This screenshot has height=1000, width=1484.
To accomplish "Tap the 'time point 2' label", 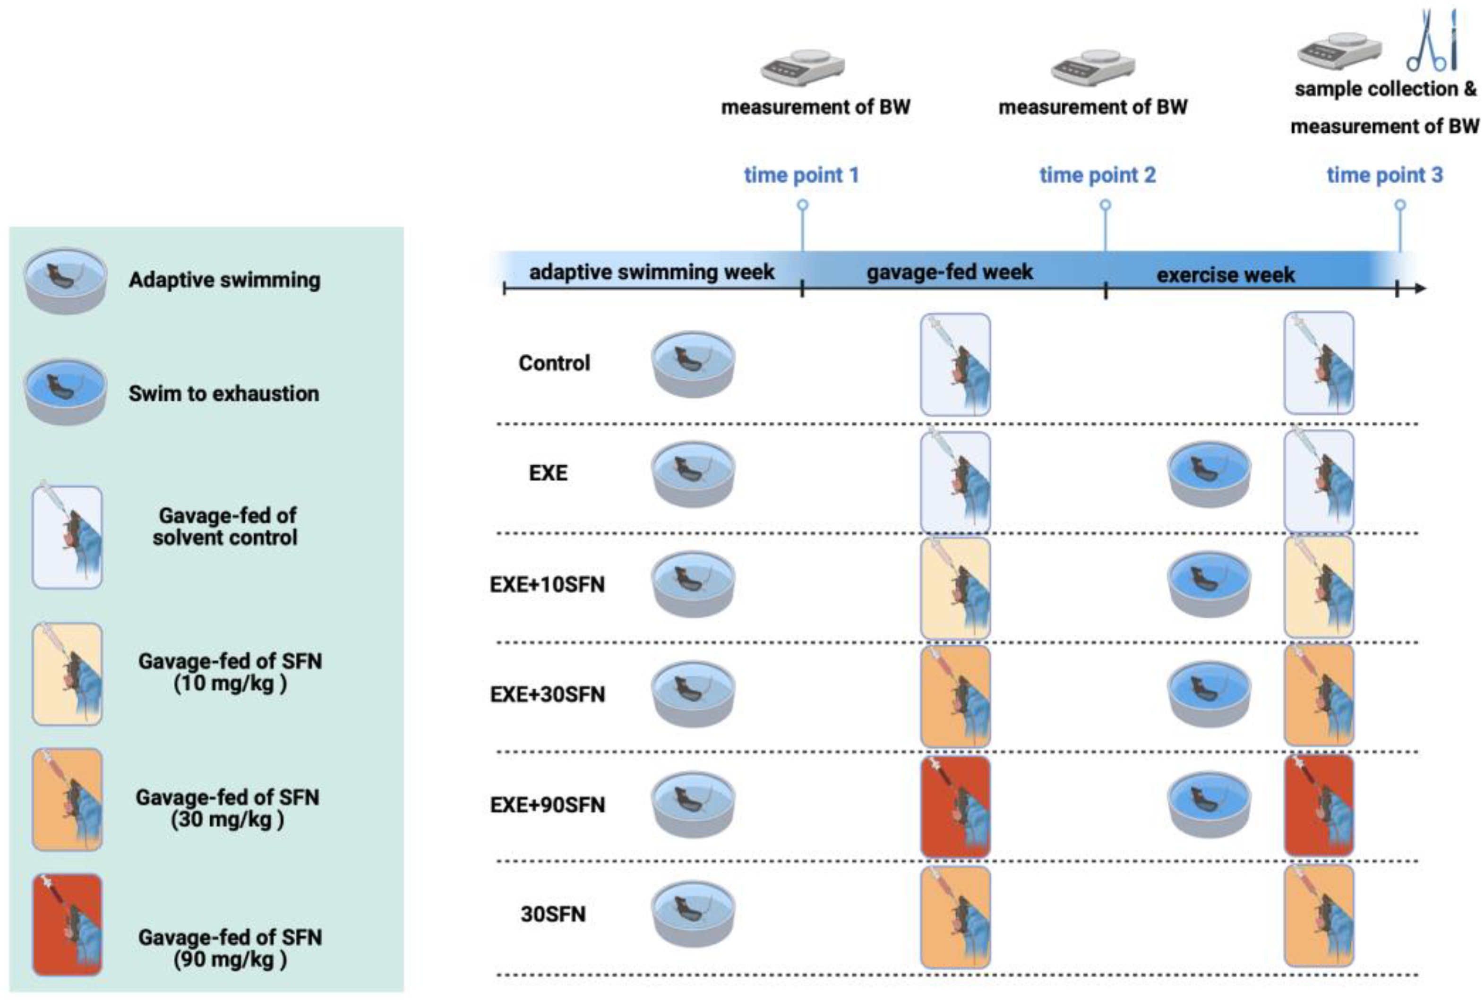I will [1097, 175].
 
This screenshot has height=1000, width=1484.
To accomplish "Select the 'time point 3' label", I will [1384, 175].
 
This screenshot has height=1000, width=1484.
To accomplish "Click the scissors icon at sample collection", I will [1426, 42].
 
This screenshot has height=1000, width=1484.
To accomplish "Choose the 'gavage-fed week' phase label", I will [949, 273].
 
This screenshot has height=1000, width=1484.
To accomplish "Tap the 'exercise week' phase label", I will [1225, 275].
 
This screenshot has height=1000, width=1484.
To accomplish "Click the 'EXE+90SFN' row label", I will [547, 805].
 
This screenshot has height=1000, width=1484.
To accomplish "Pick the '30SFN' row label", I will [552, 915].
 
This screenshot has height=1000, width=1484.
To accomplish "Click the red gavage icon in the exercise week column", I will [1318, 805].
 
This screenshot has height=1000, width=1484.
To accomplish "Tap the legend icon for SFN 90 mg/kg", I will [67, 925].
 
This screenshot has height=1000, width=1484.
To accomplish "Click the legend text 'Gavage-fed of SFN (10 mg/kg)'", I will [230, 672].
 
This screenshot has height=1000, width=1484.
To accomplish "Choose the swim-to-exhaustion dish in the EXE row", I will [1209, 473].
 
